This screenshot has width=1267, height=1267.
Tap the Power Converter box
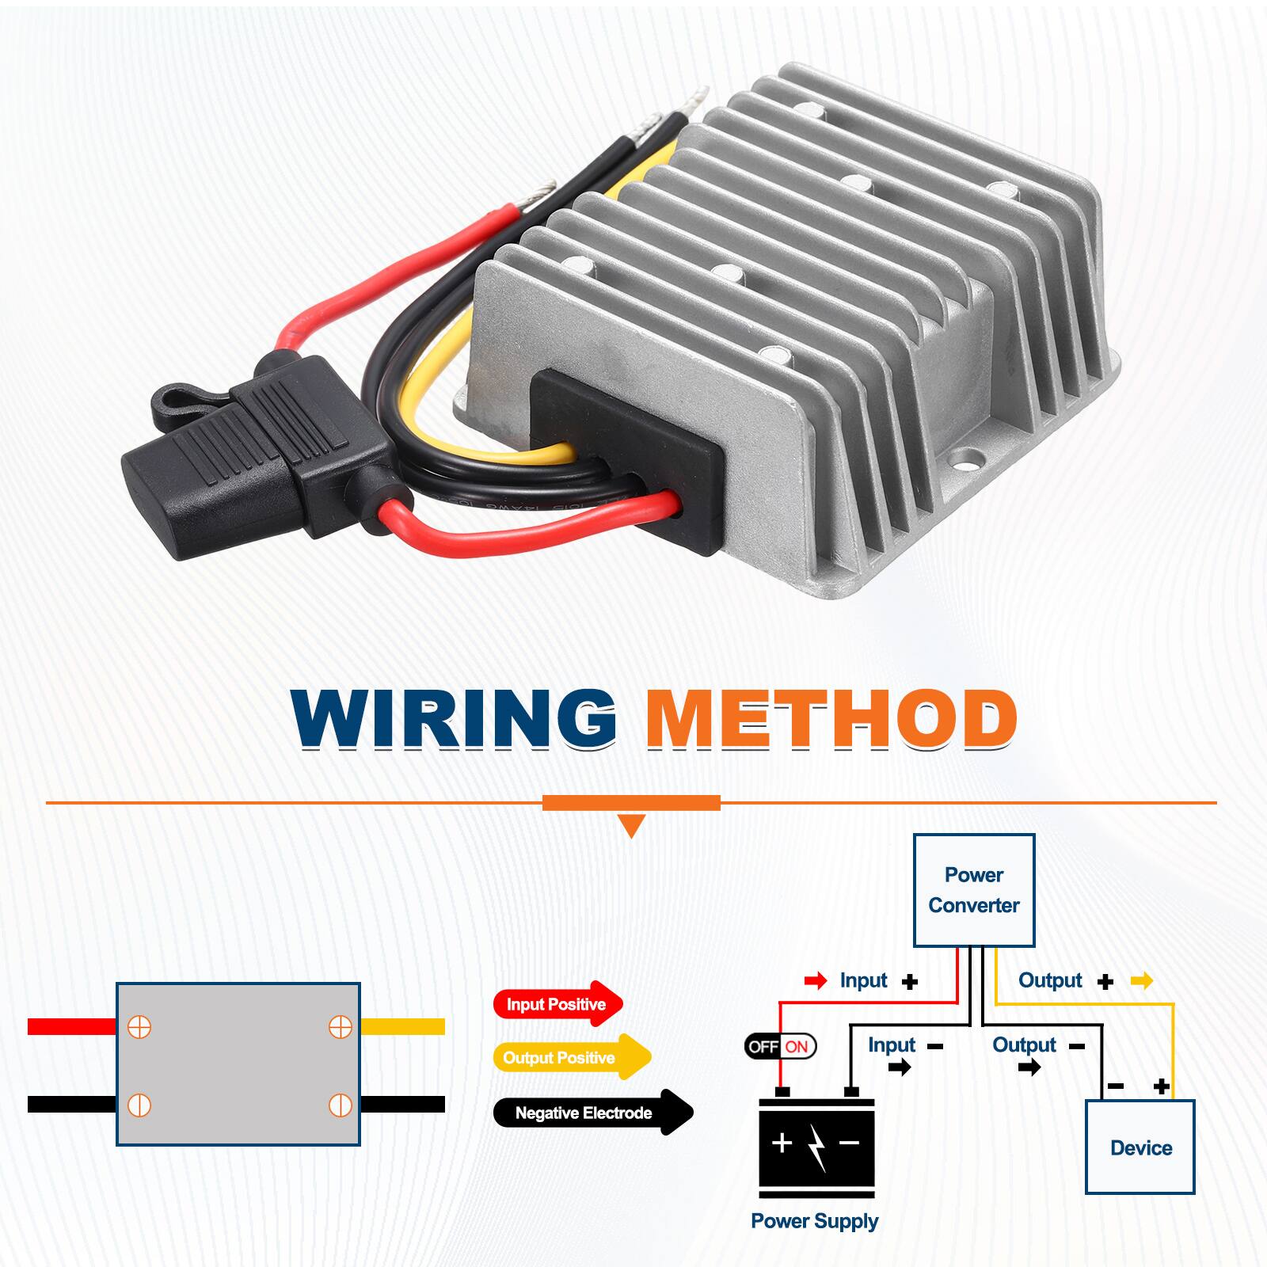pos(974,890)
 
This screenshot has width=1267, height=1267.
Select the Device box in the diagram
pos(1140,1147)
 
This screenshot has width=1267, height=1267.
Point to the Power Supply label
pos(814,1221)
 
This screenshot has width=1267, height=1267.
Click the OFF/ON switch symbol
pos(780,1046)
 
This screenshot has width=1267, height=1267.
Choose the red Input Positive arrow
pos(557,1004)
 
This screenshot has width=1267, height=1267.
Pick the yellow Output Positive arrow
pos(571,1058)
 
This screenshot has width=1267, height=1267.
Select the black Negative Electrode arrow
pos(592,1113)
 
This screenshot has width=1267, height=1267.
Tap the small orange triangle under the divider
pos(631,826)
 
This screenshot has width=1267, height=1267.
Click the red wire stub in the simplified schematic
pos(71,1026)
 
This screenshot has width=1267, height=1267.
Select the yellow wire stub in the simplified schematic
pos(402,1026)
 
